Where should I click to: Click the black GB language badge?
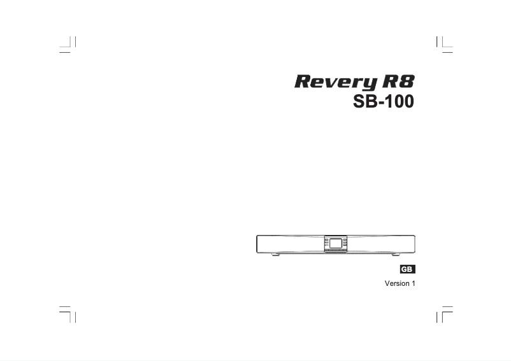[x=407, y=269]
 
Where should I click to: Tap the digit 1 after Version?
[x=413, y=283]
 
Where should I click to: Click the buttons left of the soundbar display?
[x=326, y=243]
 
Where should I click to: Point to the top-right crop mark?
[x=443, y=45]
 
